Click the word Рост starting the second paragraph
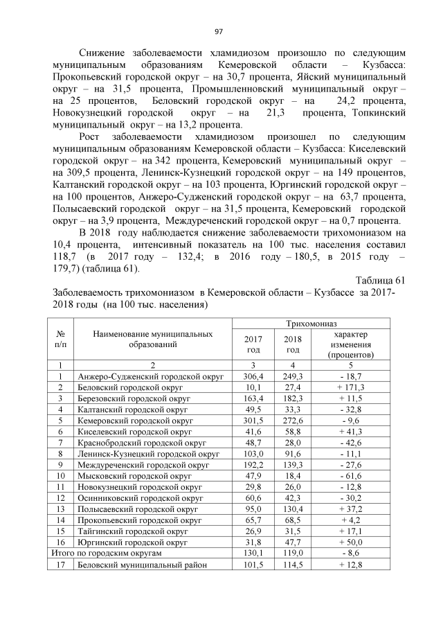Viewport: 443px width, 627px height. click(x=92, y=137)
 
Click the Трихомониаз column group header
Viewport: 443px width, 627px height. click(x=310, y=324)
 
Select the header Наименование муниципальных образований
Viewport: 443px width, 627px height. click(x=152, y=339)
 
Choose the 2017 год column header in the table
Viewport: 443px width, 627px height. click(x=253, y=344)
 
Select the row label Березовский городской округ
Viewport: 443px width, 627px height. click(x=136, y=398)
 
